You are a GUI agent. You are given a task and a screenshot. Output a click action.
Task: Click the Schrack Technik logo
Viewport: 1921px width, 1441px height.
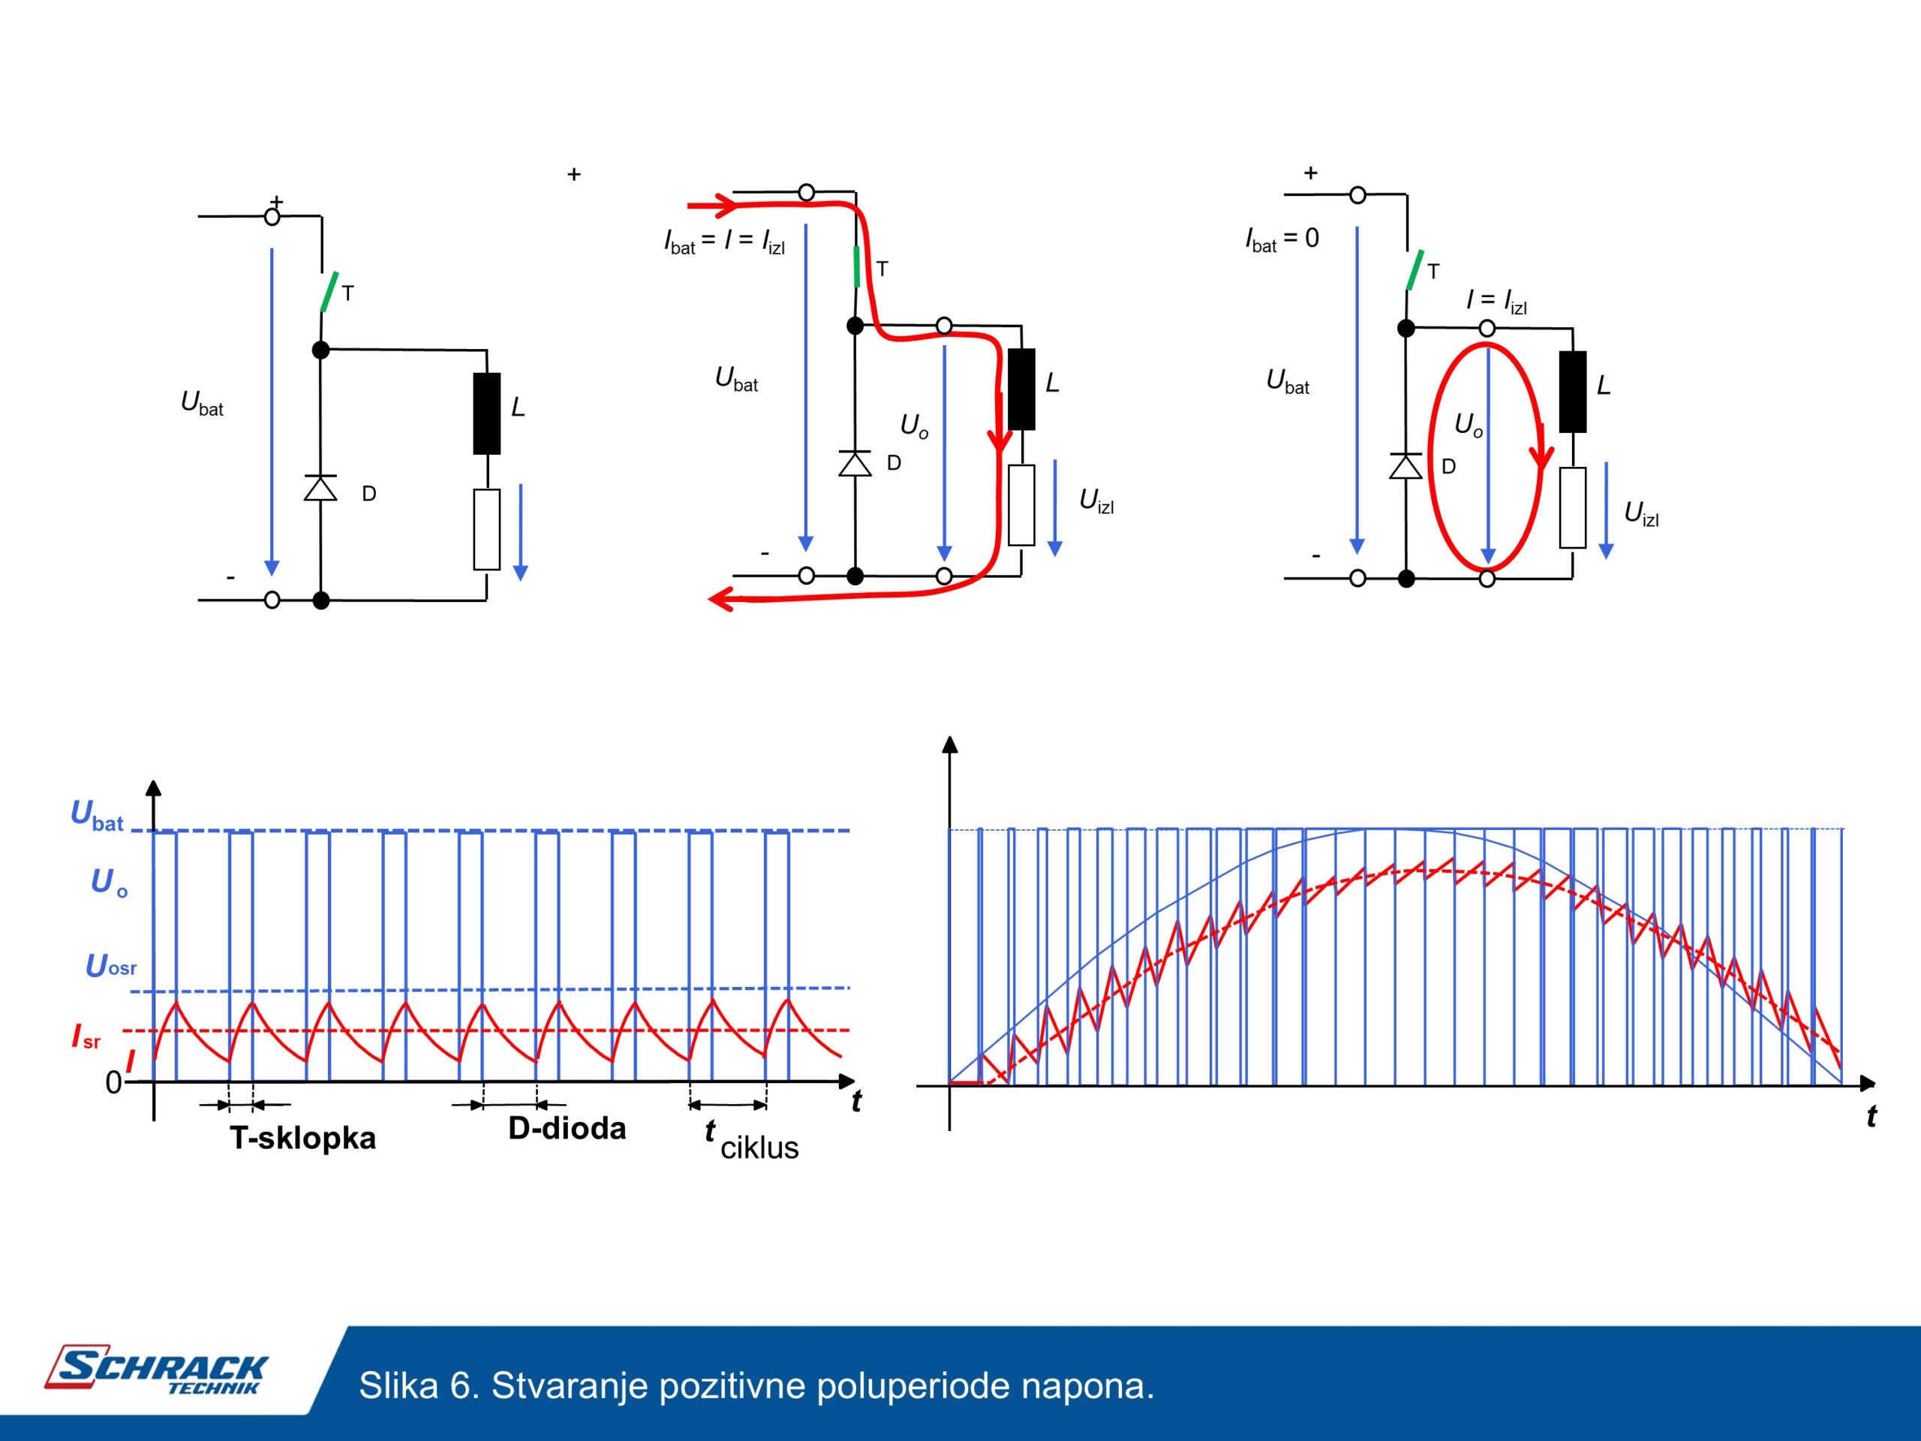(156, 1370)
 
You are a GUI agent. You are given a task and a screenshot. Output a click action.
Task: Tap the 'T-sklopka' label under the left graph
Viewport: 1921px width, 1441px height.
(303, 1138)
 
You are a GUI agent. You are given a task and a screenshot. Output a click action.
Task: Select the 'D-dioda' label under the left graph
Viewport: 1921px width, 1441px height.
(567, 1128)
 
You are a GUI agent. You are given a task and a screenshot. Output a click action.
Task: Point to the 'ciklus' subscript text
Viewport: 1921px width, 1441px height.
(759, 1148)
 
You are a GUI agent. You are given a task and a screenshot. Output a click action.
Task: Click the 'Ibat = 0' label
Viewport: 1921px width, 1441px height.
(1282, 239)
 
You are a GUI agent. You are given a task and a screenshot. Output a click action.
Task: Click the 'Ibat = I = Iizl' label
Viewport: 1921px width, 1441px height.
(724, 241)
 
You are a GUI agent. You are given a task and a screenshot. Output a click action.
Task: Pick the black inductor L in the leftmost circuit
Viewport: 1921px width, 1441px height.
(486, 414)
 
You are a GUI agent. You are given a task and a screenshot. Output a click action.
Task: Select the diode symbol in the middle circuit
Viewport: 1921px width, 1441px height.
(855, 464)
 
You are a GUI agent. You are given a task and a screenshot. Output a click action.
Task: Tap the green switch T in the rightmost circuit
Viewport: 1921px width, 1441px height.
(1414, 270)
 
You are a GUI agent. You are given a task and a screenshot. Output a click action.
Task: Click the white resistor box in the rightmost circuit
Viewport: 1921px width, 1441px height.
(1573, 508)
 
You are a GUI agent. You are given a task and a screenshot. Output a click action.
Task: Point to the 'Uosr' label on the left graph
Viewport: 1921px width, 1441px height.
(110, 966)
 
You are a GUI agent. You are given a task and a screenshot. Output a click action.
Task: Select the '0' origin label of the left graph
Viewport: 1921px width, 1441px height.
(114, 1082)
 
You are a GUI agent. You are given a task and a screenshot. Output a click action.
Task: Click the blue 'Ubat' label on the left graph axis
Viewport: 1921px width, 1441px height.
(96, 816)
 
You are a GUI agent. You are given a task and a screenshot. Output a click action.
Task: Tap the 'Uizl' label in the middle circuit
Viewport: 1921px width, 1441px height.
(1096, 501)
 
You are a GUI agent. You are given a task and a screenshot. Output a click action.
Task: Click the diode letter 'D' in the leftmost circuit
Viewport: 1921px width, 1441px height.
(369, 495)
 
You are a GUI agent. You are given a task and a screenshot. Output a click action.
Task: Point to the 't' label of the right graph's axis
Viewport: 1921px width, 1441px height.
(1871, 1116)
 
